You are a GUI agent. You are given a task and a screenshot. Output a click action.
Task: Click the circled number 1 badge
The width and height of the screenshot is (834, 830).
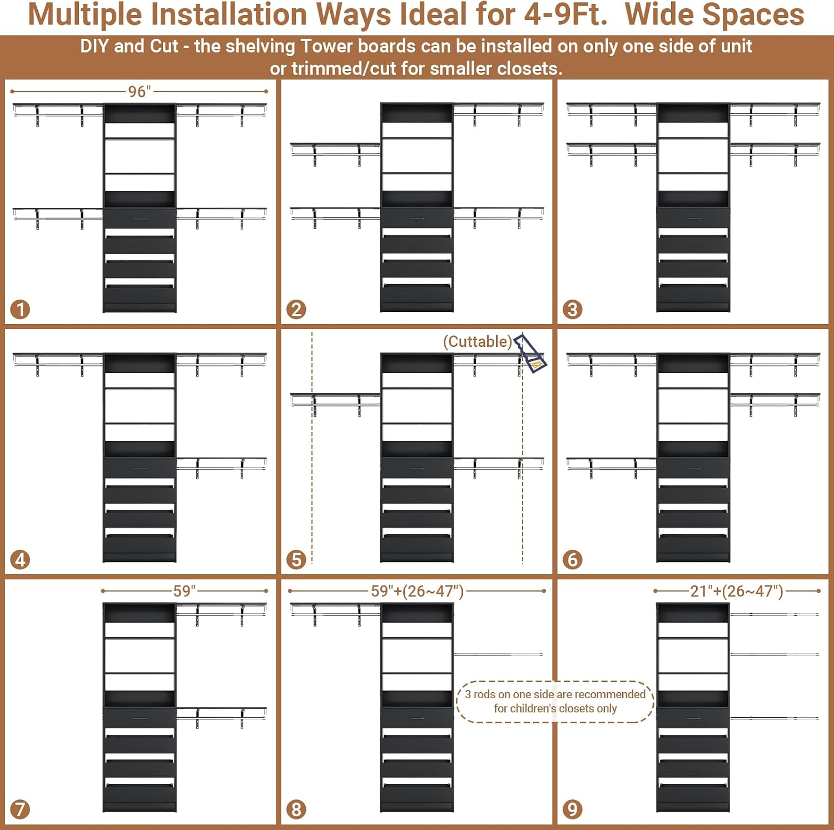coord(20,310)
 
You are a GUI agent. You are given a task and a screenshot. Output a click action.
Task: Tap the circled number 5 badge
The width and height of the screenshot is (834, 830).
coord(296,559)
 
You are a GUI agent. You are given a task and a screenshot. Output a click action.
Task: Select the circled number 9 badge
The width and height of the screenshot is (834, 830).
coord(573,809)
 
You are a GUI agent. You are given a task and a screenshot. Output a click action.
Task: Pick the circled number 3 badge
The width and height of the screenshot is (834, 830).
coord(573,310)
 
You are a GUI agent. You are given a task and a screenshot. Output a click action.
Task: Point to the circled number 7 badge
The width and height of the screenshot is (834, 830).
coord(20,809)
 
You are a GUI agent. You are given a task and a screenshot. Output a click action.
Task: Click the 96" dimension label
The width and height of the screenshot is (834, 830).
coord(140,91)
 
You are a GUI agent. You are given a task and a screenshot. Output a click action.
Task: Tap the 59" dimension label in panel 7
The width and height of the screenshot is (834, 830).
coord(185,590)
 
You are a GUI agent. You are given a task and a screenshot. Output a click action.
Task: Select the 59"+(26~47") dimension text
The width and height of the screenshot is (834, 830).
coord(418,591)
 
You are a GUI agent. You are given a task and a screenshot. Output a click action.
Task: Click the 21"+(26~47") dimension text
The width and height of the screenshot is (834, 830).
coord(737,591)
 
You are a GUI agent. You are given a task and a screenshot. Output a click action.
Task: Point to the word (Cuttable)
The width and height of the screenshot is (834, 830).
coord(477,341)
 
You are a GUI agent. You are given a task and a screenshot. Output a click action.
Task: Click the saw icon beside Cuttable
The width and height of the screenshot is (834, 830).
coord(530,354)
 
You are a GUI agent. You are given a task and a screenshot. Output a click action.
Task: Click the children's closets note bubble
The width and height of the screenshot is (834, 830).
coord(555,702)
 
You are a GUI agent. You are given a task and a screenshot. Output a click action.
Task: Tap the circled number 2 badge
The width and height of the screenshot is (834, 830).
coord(296,310)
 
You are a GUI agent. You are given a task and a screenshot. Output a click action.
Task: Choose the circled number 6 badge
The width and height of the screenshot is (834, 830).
coord(573,559)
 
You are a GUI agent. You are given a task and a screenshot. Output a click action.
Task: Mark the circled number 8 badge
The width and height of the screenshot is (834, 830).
coord(296,809)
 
